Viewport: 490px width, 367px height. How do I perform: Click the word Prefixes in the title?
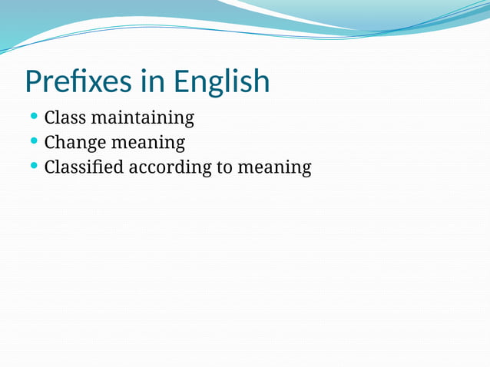point(78,81)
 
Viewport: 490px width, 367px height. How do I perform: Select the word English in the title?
point(222,81)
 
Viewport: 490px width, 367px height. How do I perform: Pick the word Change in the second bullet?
point(71,143)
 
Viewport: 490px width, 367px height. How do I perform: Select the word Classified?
point(84,167)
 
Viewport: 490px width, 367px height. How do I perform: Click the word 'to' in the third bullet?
point(223,167)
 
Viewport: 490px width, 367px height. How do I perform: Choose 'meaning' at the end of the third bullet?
point(274,167)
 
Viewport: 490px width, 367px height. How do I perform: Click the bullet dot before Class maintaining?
point(34,117)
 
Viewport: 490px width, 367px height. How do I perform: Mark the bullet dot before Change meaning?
point(34,141)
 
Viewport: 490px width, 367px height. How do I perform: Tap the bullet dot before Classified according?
point(34,166)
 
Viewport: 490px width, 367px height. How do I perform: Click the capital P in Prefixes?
point(34,81)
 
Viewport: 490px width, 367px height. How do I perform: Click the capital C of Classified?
point(51,167)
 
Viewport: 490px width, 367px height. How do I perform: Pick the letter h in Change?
point(61,142)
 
